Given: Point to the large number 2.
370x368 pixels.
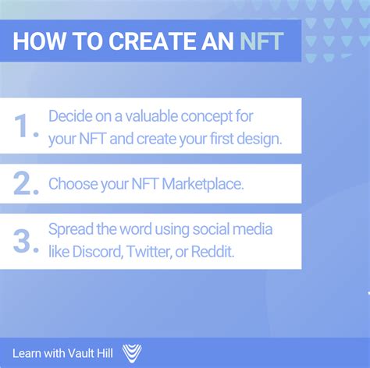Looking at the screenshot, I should [x=26, y=184].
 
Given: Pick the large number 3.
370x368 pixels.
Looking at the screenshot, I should [x=26, y=240].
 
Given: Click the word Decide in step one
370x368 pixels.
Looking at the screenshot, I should [x=69, y=116].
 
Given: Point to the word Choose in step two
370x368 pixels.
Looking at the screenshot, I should [x=73, y=185].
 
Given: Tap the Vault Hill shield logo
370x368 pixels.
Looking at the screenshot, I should [x=132, y=354].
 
